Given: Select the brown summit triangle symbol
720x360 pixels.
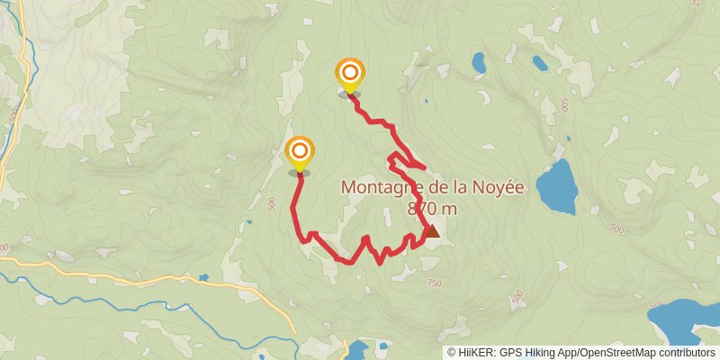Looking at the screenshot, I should tap(432, 231).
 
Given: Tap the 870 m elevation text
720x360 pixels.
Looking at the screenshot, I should tap(432, 209).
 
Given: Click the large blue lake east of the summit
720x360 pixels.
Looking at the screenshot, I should tap(558, 186).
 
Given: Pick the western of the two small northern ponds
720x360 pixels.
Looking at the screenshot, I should tap(479, 63).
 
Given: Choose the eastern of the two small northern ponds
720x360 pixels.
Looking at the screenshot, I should tap(540, 63).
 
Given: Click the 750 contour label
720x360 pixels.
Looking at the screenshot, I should tap(434, 283).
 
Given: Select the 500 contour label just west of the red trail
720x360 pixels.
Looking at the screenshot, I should tap(272, 204).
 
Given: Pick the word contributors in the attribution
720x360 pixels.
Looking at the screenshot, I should tap(686, 353).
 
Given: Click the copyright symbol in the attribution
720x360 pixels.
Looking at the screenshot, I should tap(451, 353).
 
